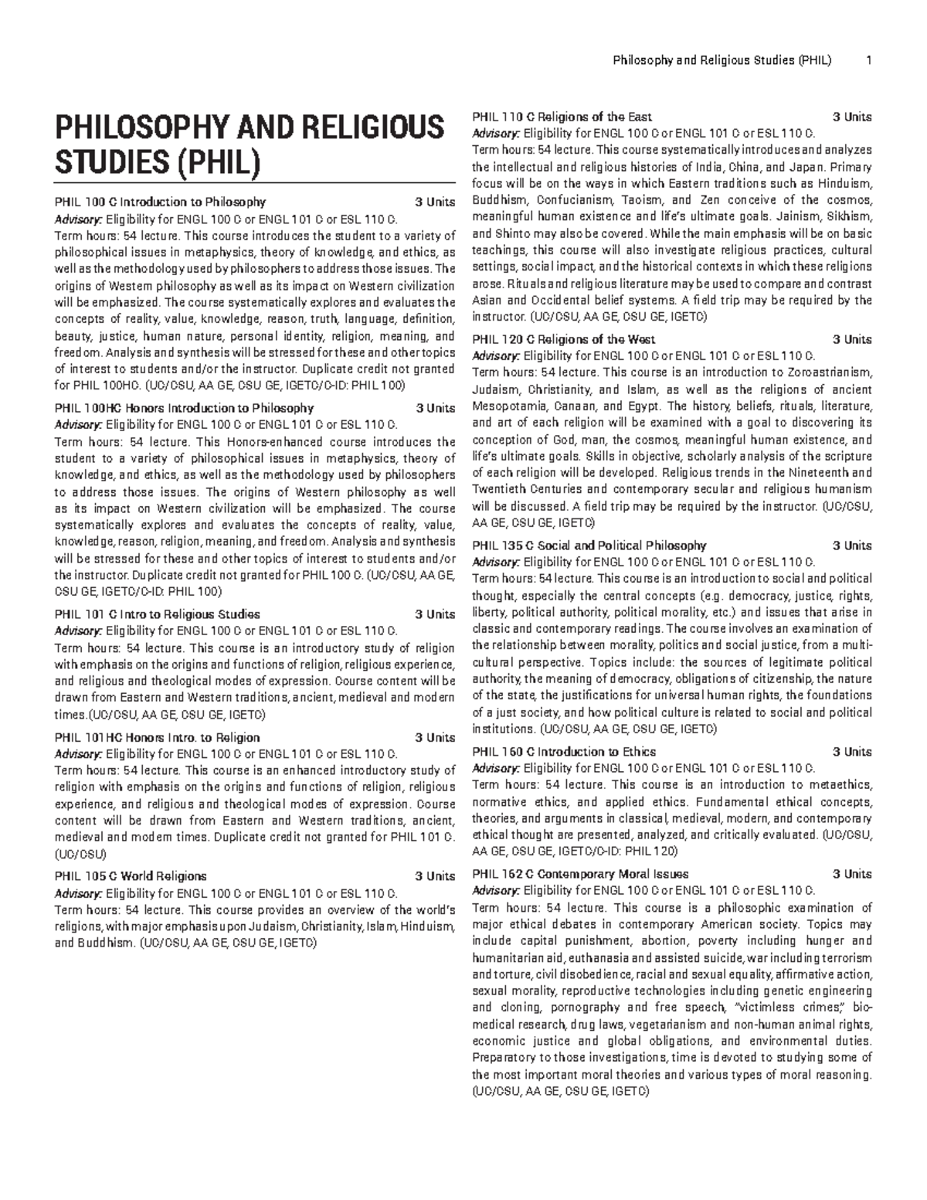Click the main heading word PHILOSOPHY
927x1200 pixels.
point(134,127)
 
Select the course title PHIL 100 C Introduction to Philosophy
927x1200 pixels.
point(160,202)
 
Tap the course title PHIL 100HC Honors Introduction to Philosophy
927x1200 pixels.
point(184,408)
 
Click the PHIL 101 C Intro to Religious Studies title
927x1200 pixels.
point(157,614)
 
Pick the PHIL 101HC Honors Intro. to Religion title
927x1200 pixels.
point(157,737)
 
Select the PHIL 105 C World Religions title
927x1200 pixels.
point(131,876)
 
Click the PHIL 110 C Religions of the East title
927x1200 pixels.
point(562,117)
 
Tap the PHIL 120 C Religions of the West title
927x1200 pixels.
point(563,339)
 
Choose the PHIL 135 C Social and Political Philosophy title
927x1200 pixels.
point(589,546)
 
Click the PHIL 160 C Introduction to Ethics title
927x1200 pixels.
point(563,752)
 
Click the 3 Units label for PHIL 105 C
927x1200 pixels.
point(435,876)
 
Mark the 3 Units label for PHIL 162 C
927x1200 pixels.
point(852,875)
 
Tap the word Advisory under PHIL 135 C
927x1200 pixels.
point(495,562)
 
